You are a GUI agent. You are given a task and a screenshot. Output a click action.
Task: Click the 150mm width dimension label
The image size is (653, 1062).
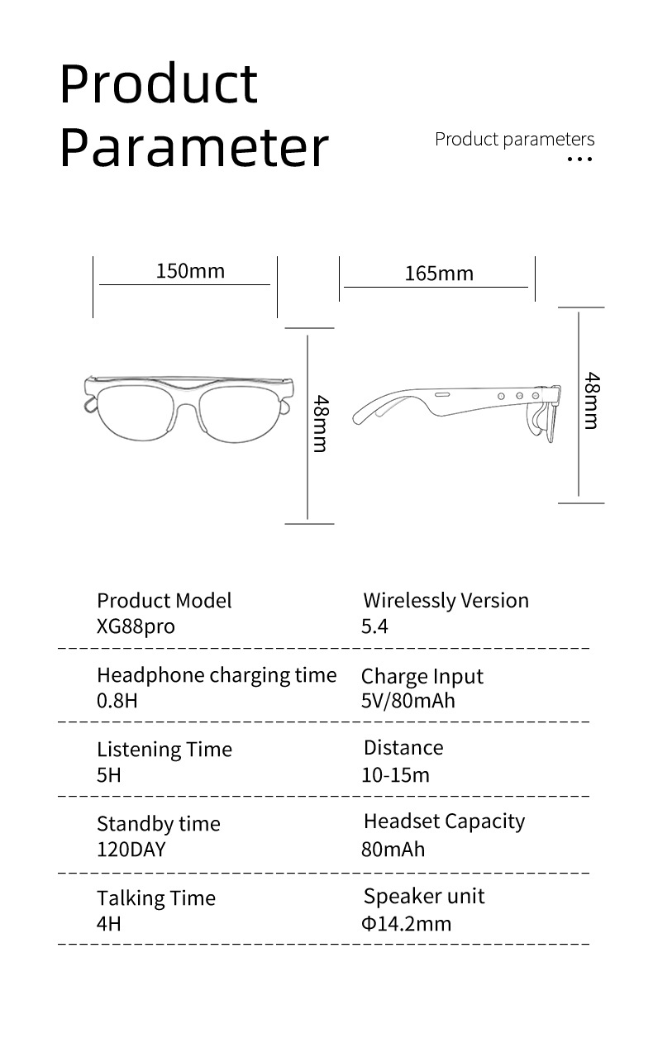pyautogui.click(x=190, y=271)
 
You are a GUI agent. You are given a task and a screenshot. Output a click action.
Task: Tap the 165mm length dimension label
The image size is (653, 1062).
pyautogui.click(x=439, y=274)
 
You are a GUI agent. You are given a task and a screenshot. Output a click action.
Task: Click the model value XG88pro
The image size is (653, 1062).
pyautogui.click(x=136, y=626)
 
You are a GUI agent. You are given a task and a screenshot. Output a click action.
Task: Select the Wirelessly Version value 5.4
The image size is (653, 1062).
pyautogui.click(x=374, y=626)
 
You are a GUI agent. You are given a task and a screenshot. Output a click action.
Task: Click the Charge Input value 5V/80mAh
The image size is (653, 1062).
pyautogui.click(x=408, y=701)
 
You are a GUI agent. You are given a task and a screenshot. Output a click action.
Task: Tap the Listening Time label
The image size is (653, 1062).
pyautogui.click(x=164, y=750)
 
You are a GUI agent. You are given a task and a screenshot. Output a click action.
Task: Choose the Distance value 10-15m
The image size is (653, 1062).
pyautogui.click(x=395, y=775)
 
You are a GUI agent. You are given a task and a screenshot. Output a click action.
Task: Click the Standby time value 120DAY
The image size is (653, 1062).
pyautogui.click(x=131, y=849)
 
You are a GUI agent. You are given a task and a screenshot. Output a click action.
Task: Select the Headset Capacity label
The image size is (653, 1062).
pyautogui.click(x=444, y=822)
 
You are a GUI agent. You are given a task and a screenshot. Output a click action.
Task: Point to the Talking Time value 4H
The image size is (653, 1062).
pyautogui.click(x=108, y=923)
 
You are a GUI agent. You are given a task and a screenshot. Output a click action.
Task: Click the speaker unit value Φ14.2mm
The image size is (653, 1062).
pyautogui.click(x=406, y=923)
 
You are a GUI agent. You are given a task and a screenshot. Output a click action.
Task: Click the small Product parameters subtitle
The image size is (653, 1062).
pyautogui.click(x=514, y=139)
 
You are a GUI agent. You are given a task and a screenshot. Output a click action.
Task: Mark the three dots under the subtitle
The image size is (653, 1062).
pyautogui.click(x=580, y=159)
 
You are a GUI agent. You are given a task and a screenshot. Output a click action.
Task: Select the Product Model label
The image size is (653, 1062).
pyautogui.click(x=164, y=601)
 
